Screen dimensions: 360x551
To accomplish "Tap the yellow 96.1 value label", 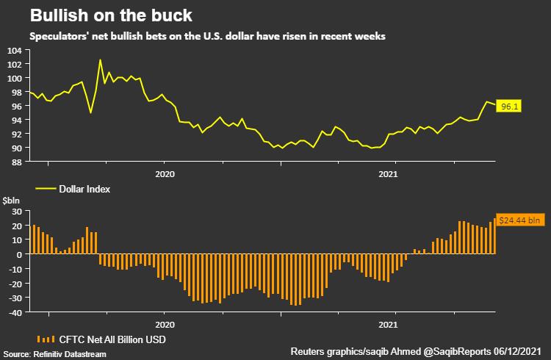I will [x=507, y=107].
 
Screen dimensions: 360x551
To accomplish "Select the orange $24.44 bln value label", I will [x=519, y=219].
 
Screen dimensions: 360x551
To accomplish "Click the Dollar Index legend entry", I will [x=84, y=189].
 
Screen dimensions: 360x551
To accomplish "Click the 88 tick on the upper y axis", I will [x=15, y=162].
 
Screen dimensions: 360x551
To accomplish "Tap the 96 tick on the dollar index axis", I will [x=15, y=106].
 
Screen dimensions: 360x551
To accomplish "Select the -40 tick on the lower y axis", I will [x=13, y=312].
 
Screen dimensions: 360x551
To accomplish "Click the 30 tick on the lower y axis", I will [x=15, y=212].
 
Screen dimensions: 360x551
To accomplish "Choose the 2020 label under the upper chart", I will [x=165, y=174].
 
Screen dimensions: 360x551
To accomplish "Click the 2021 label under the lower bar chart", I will [x=388, y=324].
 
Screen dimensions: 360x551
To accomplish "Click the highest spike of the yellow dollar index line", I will [x=100, y=60].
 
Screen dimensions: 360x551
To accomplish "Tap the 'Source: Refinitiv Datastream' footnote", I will [x=54, y=354].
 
